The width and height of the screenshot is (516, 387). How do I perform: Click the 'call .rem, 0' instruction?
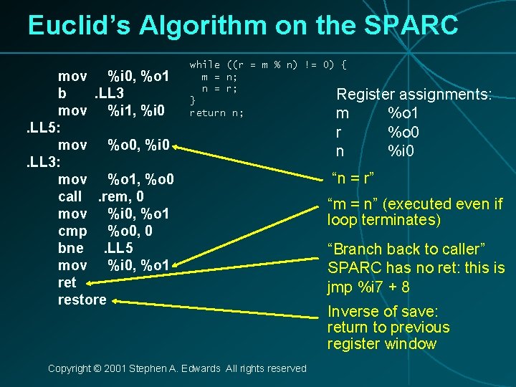pos(100,196)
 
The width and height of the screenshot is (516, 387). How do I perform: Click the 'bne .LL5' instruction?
pos(95,248)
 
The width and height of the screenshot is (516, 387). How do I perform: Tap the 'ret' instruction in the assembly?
pos(67,282)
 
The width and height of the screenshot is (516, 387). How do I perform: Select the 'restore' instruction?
pos(82,300)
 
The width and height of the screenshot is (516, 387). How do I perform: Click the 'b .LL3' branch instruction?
pos(92,93)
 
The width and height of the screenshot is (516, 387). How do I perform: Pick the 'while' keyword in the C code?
pos(205,64)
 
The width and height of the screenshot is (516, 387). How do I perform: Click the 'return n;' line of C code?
pos(216,113)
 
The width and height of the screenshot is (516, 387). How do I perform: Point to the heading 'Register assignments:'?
pos(414,95)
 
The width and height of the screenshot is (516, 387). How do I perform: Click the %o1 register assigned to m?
pos(403,113)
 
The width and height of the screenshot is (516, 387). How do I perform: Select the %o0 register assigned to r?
pos(403,133)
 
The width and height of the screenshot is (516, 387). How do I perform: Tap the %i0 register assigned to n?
pos(401,151)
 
